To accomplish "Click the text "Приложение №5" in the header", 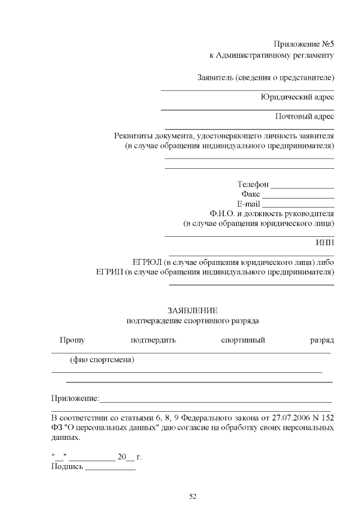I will [304, 44].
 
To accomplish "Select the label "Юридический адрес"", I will [297, 97].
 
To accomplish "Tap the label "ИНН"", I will [326, 243].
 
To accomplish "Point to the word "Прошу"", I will [73, 340].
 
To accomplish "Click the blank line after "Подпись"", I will [110, 469].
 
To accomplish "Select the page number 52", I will [192, 496].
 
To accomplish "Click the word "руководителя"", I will [308, 214].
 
